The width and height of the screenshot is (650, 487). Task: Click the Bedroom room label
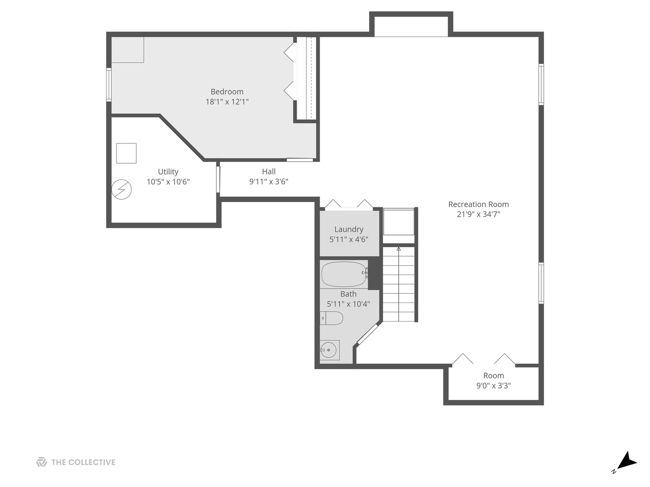click(x=227, y=92)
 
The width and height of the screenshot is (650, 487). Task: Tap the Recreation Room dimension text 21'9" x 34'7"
click(x=478, y=214)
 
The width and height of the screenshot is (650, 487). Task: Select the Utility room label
click(x=168, y=171)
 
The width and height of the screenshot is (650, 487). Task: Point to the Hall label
click(x=269, y=171)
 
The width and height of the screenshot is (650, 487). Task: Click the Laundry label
click(x=348, y=229)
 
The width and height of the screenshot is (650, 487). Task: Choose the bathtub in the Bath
click(x=344, y=274)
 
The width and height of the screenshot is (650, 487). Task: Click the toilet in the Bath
click(x=332, y=318)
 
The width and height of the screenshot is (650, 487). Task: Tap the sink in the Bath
click(x=329, y=349)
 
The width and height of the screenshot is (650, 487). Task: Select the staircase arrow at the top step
click(x=399, y=248)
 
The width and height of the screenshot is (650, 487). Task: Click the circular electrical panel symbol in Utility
click(x=121, y=189)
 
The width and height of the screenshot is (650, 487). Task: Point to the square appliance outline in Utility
click(x=126, y=153)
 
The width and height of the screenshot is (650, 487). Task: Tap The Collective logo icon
click(x=42, y=462)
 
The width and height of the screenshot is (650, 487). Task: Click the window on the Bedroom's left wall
click(x=109, y=84)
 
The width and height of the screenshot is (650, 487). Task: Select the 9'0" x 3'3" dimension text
click(x=493, y=386)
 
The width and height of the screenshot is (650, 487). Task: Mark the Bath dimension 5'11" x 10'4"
click(x=348, y=304)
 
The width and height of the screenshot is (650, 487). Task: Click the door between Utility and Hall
click(x=218, y=180)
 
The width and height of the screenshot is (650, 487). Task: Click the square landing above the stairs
click(x=399, y=221)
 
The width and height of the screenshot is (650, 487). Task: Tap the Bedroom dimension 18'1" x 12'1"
click(x=227, y=102)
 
